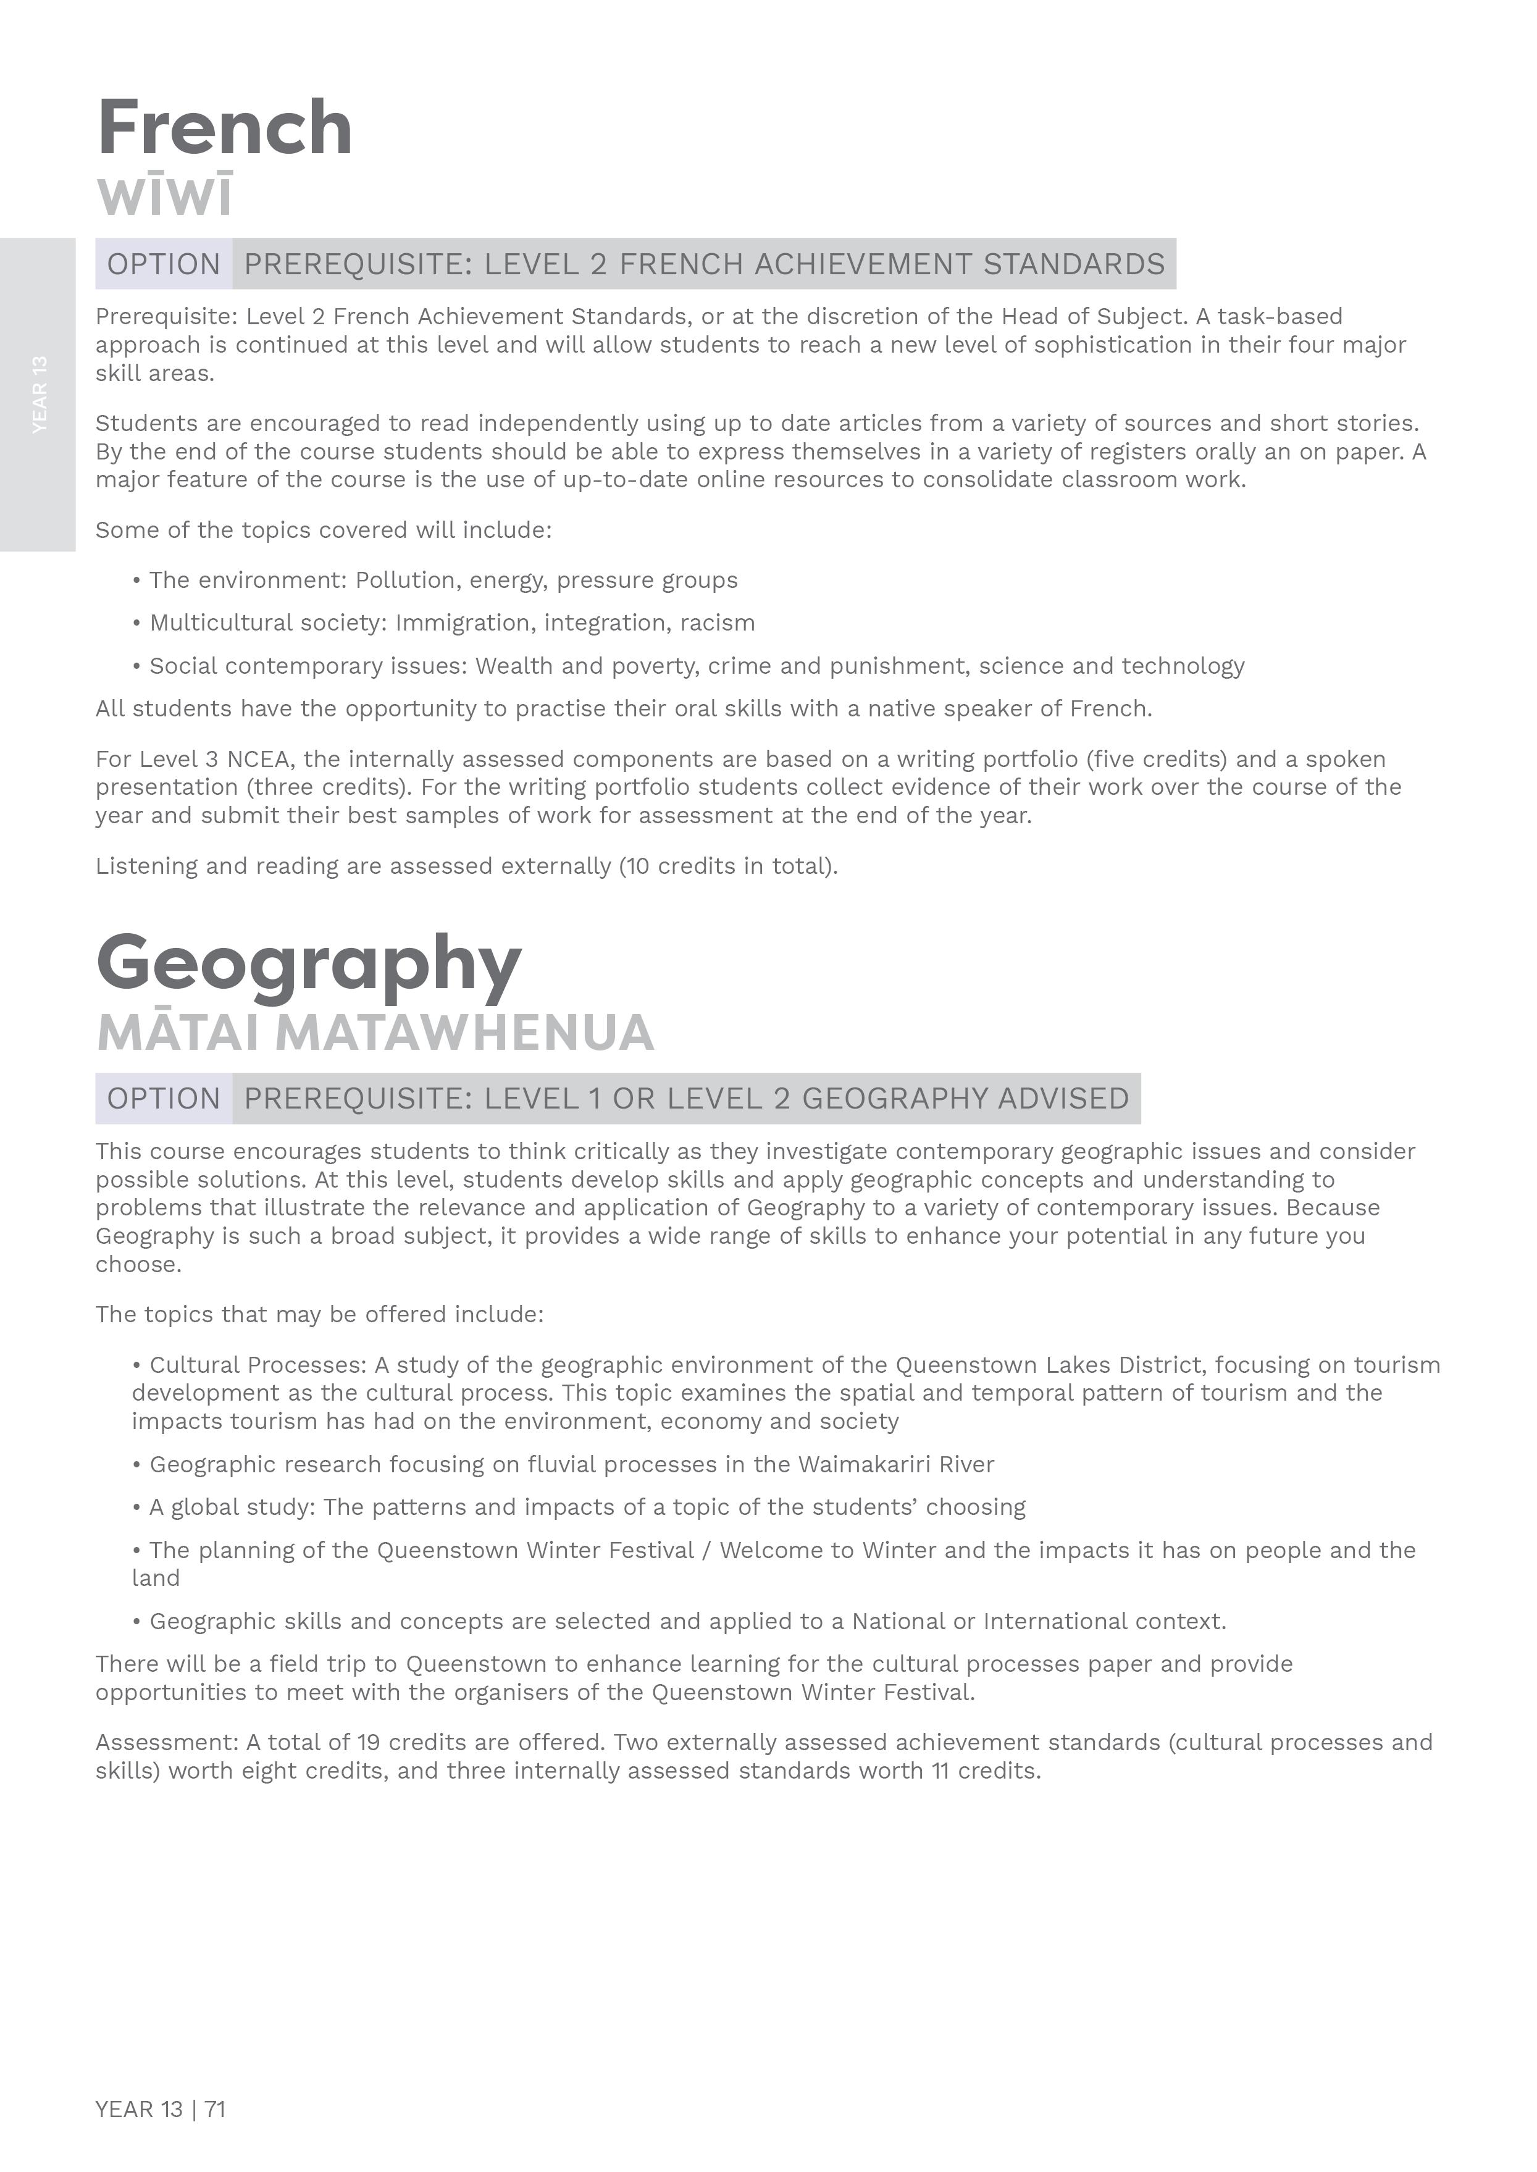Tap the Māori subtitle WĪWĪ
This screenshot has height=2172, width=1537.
click(x=165, y=195)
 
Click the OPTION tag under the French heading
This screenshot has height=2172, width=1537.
click(x=164, y=264)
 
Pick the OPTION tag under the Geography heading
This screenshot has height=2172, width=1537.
click(x=164, y=1099)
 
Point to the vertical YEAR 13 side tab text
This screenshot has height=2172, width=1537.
click(x=39, y=395)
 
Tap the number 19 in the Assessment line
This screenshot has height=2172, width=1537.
click(x=368, y=1743)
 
